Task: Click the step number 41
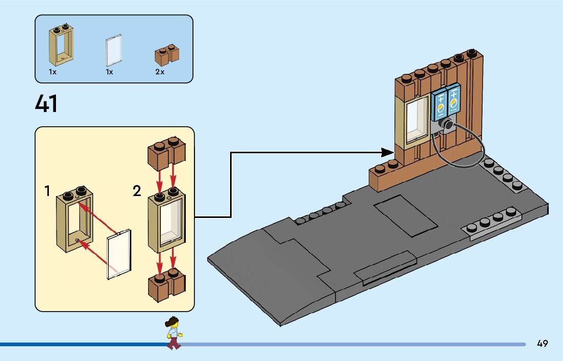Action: tap(46, 104)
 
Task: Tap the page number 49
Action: tap(542, 344)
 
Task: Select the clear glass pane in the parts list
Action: tap(114, 50)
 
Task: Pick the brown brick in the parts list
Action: tap(167, 54)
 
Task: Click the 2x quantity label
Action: tap(160, 72)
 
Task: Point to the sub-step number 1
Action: tap(47, 191)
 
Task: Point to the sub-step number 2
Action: tap(136, 191)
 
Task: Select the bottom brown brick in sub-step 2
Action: tap(166, 285)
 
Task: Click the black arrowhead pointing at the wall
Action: tap(388, 151)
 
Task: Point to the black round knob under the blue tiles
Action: tap(447, 125)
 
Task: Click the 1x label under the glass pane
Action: tap(109, 72)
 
